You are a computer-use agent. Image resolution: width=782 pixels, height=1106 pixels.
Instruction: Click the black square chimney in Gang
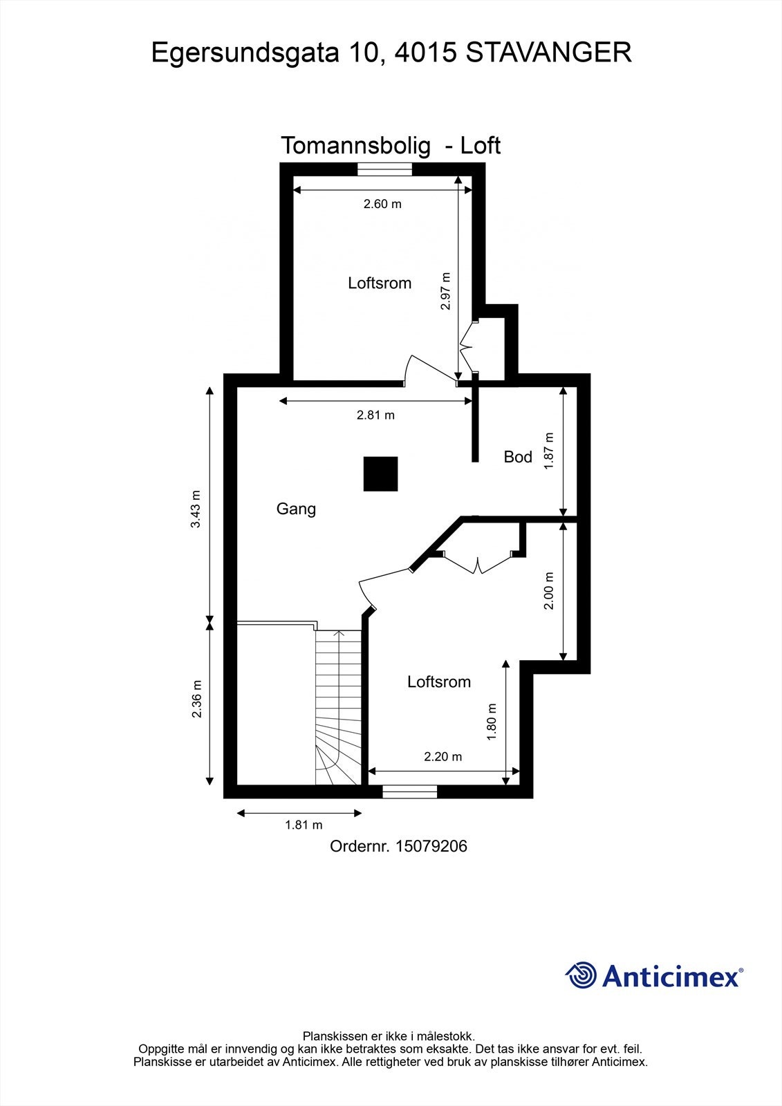380,474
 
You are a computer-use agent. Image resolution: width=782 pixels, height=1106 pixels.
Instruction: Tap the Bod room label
518,457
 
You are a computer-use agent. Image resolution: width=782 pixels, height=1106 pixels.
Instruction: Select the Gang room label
296,509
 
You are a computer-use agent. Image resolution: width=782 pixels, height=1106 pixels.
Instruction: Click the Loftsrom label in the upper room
380,283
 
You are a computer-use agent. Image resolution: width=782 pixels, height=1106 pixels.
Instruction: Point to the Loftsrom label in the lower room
439,682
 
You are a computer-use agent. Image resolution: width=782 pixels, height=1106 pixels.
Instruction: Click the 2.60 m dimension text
382,204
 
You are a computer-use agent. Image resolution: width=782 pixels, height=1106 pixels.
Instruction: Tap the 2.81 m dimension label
375,415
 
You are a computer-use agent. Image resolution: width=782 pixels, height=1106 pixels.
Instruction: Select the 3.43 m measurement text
196,509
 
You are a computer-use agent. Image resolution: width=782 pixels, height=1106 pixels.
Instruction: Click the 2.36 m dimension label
196,699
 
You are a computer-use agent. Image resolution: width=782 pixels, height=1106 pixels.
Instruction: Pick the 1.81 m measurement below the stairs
304,825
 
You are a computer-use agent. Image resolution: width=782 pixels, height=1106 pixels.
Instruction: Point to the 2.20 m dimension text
443,757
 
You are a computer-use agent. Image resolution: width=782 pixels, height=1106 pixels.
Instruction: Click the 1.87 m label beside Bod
550,451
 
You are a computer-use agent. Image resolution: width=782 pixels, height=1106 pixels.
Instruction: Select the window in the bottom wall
410,791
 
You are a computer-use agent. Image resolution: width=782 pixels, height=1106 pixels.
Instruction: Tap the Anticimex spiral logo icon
581,976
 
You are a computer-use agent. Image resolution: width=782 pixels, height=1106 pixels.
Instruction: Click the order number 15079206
431,846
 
